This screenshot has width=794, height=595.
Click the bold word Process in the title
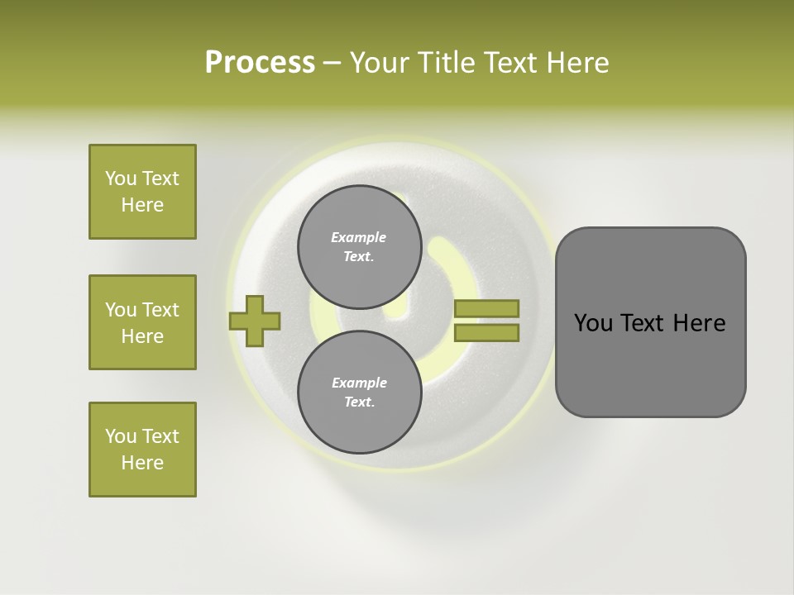260,63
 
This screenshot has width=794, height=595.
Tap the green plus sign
255,321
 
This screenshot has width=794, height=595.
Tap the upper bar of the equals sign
486,308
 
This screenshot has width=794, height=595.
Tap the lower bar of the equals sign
486,333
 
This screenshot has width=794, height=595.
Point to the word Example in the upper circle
359,237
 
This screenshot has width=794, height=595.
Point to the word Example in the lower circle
359,383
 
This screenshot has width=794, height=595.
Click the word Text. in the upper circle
359,256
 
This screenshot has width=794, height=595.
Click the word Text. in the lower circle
359,402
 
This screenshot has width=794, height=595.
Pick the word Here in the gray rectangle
699,323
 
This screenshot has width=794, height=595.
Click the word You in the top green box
121,178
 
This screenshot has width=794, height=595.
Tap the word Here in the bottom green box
142,463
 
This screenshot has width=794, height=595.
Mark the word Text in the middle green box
160,310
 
